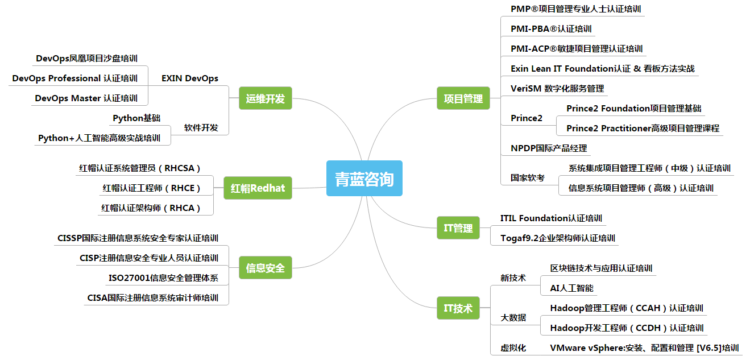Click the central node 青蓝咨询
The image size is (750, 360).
pyautogui.click(x=364, y=179)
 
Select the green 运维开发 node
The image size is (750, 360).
pyautogui.click(x=265, y=99)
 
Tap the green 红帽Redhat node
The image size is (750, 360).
pyautogui.click(x=258, y=188)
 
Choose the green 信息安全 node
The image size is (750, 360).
pyautogui.click(x=265, y=267)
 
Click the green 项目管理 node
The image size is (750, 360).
pyautogui.click(x=463, y=98)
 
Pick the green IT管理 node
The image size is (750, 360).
pyautogui.click(x=458, y=228)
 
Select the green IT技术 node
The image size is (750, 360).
pyautogui.click(x=458, y=308)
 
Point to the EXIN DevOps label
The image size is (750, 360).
pyautogui.click(x=190, y=78)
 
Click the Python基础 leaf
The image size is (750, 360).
pyautogui.click(x=136, y=118)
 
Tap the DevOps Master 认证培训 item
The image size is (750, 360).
pyautogui.click(x=86, y=98)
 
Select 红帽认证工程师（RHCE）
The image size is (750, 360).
pyautogui.click(x=152, y=188)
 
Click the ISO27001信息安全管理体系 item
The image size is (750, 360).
pyautogui.click(x=163, y=278)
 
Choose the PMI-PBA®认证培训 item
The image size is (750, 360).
pyautogui.click(x=551, y=28)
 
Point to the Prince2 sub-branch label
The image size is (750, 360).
pyautogui.click(x=527, y=118)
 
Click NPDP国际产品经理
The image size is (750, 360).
pyautogui.click(x=549, y=148)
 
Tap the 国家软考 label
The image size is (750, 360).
pyautogui.click(x=527, y=177)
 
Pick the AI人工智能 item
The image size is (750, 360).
pyautogui.click(x=571, y=288)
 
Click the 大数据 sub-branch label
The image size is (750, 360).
pyautogui.click(x=513, y=318)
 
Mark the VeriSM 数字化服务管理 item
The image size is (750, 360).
pyautogui.click(x=557, y=89)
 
